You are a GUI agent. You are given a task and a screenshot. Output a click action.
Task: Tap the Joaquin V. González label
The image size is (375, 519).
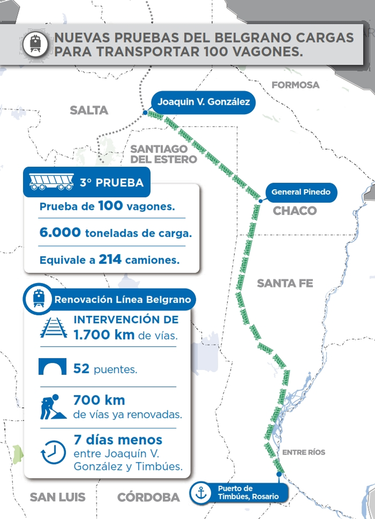203,102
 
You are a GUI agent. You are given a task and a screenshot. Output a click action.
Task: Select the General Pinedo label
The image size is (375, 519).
301,192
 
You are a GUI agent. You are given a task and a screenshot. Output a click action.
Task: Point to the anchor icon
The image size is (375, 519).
200,493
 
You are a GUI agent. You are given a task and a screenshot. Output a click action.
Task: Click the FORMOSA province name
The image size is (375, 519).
295,85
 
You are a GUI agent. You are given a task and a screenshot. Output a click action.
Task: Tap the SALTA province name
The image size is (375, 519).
89,110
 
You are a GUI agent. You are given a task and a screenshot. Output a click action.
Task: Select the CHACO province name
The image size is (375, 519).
294,211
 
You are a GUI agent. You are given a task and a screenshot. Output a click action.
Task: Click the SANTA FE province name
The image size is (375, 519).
285,283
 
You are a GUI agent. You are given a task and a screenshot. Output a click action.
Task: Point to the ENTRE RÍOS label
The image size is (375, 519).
304,452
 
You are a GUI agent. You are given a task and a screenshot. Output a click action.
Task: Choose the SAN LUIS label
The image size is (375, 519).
58,497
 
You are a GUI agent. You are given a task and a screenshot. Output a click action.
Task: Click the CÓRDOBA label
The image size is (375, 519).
148,497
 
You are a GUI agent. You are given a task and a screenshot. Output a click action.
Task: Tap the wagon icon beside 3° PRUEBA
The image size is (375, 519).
50,183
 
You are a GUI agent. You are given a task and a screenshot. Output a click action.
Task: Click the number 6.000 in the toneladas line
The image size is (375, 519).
60,232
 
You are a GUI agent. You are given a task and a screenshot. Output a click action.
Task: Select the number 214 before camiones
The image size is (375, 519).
110,260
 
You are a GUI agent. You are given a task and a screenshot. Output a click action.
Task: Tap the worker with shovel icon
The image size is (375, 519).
52,406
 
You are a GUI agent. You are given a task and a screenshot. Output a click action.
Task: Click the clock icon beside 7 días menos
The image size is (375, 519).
52,452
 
